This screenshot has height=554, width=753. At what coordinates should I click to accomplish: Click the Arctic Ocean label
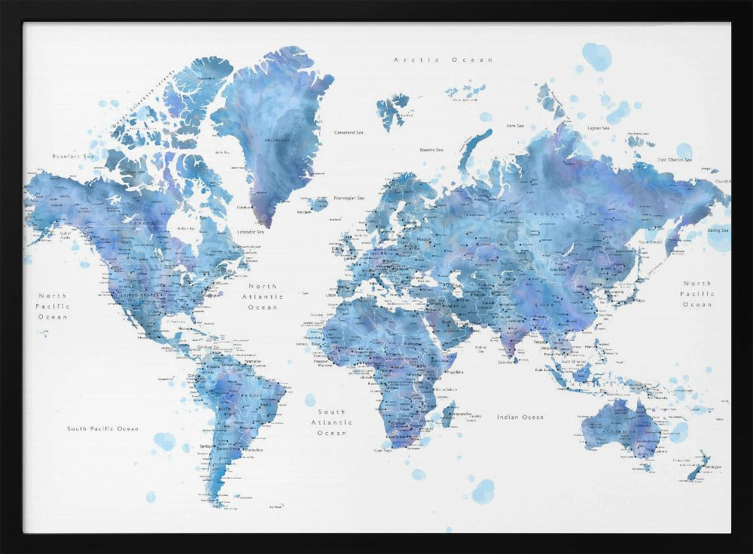[444, 59]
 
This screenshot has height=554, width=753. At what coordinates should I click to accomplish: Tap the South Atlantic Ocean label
[331, 422]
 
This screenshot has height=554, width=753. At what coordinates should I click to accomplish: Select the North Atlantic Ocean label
[263, 297]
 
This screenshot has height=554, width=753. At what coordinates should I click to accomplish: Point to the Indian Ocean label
[520, 417]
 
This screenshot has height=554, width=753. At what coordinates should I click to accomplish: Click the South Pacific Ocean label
[102, 429]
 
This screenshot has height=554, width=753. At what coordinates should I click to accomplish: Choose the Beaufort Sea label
[72, 156]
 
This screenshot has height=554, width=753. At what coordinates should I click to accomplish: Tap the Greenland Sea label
[348, 132]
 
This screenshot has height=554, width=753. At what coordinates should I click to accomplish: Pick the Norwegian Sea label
[349, 198]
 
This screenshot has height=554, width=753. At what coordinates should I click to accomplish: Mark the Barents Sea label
[431, 150]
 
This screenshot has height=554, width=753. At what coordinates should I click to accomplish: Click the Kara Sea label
[516, 126]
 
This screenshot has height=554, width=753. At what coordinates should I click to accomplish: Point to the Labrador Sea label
[250, 232]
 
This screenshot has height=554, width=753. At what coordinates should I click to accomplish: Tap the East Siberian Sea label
[674, 160]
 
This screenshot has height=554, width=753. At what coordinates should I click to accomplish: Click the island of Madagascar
[449, 413]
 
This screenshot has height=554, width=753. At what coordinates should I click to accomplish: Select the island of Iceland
[318, 204]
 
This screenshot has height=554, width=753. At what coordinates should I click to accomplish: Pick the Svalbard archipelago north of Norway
[392, 109]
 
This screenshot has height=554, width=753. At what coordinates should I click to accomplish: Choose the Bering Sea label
[718, 230]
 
